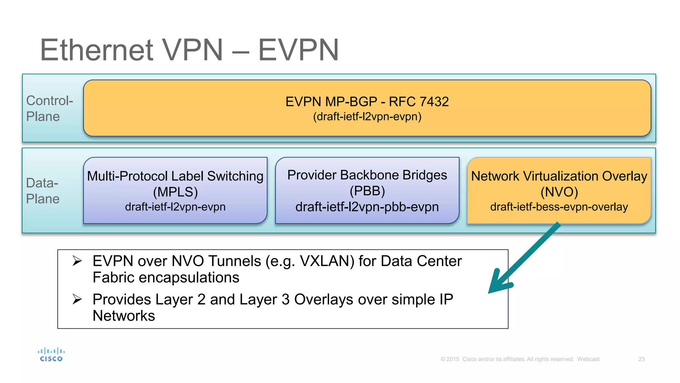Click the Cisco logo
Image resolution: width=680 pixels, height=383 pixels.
(51, 355)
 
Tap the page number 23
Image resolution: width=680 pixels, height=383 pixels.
(641, 359)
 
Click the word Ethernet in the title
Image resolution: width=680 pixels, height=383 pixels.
(97, 50)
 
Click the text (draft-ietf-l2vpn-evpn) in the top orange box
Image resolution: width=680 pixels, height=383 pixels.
(367, 117)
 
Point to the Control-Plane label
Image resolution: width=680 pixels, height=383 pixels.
(49, 108)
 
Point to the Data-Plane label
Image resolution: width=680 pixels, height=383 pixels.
(42, 191)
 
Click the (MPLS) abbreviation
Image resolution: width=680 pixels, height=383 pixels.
(175, 192)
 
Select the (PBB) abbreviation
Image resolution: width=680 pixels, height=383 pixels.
(367, 191)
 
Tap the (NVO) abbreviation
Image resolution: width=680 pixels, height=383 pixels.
(559, 192)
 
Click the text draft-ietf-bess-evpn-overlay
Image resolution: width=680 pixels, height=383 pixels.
(559, 207)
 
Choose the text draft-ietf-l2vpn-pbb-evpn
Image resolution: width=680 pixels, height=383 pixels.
(367, 207)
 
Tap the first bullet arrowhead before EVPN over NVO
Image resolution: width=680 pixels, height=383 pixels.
(77, 261)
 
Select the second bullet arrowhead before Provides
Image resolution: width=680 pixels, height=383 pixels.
(77, 299)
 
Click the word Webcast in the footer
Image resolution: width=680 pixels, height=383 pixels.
(588, 359)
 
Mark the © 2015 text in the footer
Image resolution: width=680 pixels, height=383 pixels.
(450, 359)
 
